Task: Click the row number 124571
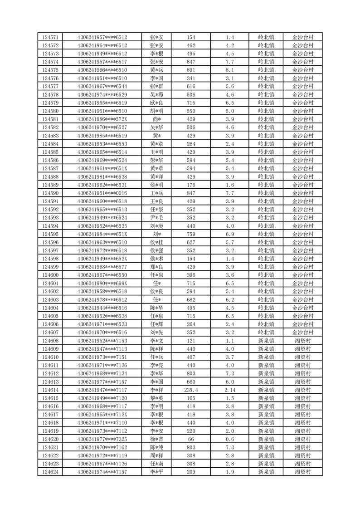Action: coord(50,37)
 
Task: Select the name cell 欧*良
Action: coord(157,103)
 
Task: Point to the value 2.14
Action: coord(229,390)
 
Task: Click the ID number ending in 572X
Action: coord(102,119)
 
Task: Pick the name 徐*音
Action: coord(157,439)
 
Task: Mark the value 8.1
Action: coord(229,70)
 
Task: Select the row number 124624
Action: coord(50,472)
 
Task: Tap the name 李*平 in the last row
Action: coord(157,472)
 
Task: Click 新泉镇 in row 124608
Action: coord(266,341)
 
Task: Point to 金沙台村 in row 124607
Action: coord(302,333)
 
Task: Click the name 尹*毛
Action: coord(157,218)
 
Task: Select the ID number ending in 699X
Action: coord(102,284)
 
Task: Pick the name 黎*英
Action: coord(157,398)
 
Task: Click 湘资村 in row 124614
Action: coord(302,390)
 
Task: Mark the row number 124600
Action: coord(50,275)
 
